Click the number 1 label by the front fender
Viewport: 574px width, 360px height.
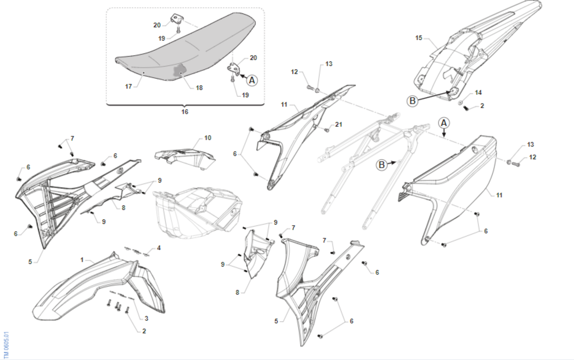[x=82, y=260]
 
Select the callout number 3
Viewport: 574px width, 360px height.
[x=146, y=318]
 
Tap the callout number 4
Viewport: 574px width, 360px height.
[x=159, y=248]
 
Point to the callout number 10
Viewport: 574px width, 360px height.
[x=208, y=138]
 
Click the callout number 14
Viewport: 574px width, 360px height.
[x=478, y=92]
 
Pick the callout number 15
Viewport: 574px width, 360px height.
[x=419, y=38]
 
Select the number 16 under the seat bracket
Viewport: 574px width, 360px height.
[x=185, y=112]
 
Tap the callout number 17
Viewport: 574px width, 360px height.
[x=128, y=87]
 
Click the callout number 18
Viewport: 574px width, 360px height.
[x=199, y=88]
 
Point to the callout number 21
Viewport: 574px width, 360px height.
[x=339, y=124]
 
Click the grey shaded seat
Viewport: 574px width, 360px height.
[x=185, y=49]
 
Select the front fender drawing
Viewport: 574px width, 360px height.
[x=99, y=287]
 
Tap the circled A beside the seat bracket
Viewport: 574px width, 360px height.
[x=252, y=80]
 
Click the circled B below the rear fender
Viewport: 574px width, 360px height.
[x=412, y=101]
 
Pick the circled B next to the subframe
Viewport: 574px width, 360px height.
[x=382, y=165]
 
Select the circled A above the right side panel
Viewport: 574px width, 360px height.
[x=444, y=123]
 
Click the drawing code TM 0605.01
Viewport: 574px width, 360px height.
[x=6, y=345]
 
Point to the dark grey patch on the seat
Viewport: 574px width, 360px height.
[x=180, y=71]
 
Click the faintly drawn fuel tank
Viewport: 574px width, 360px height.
[x=197, y=213]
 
